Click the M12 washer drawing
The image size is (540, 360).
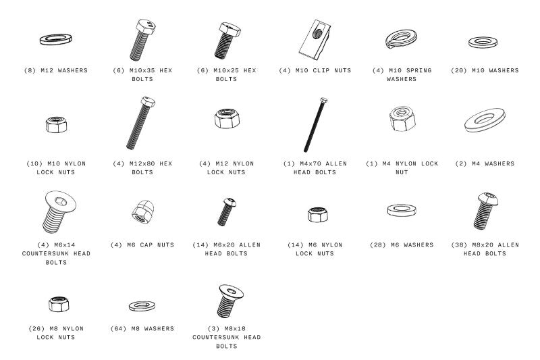click(56, 36)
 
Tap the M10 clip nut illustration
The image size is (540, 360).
click(315, 40)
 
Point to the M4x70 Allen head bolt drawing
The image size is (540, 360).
click(315, 125)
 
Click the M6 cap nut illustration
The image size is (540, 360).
click(142, 211)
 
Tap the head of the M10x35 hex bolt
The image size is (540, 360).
click(146, 26)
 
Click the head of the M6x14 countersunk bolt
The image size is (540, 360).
click(61, 201)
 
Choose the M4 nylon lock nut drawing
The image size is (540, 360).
click(402, 119)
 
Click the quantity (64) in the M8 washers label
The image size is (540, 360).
click(118, 329)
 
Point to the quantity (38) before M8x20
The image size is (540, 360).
click(459, 245)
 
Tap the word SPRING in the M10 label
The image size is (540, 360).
click(418, 70)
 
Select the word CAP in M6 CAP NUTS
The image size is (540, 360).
click(146, 245)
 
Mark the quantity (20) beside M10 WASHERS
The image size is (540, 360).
click(459, 70)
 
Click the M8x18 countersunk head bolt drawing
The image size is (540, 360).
click(230, 301)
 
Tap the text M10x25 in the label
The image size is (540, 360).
click(226, 70)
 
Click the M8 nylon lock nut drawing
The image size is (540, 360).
click(59, 304)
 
